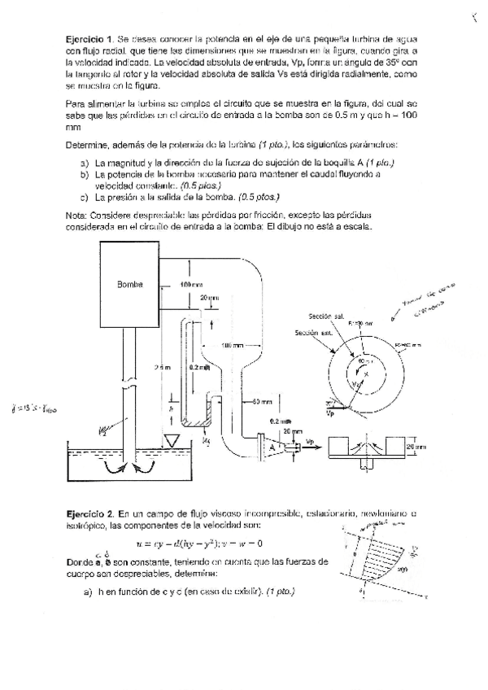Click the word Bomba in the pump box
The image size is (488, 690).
pos(130,285)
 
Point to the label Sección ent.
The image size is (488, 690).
pos(312,333)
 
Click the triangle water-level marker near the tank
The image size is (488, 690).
pos(172,441)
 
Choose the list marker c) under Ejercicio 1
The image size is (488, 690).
pos(84,197)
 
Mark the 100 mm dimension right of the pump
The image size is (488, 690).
pos(191,285)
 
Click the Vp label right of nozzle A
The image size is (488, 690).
pos(310,440)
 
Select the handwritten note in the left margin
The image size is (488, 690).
pos(37,408)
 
